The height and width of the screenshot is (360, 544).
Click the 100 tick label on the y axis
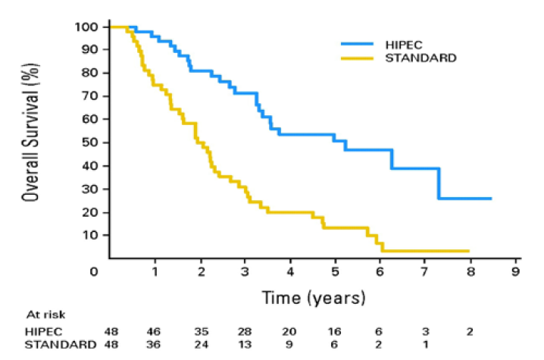tap(87, 27)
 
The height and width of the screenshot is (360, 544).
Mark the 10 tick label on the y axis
tap(90, 235)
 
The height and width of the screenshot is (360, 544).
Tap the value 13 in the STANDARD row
tap(245, 345)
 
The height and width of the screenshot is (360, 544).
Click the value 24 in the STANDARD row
tap(200, 345)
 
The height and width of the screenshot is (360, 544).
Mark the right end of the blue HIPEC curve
tap(491, 199)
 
